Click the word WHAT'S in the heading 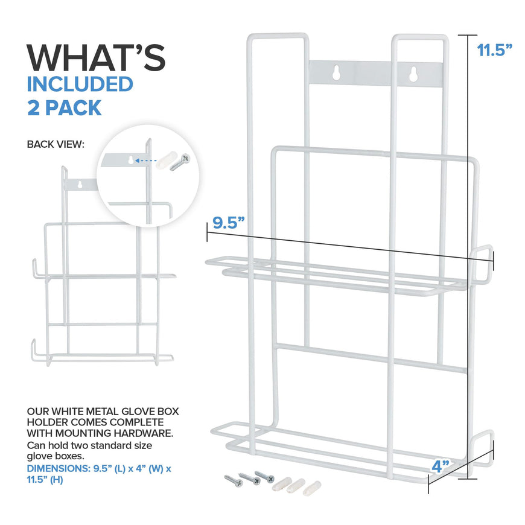pos(96,57)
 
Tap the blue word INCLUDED pos(80,84)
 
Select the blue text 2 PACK pos(65,108)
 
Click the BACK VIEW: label pos(56,144)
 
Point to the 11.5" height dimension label pos(495,50)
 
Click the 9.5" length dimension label pos(229,223)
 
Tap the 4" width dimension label pos(441,466)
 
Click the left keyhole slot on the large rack pos(336,72)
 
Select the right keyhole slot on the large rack pos(413,74)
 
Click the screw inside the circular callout pos(180,162)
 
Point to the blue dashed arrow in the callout pos(145,161)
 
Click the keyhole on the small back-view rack pos(80,185)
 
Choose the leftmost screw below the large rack pos(234,481)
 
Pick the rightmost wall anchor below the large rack pos(312,488)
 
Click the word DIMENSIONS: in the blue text pos(59,468)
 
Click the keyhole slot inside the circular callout pos(131,161)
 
